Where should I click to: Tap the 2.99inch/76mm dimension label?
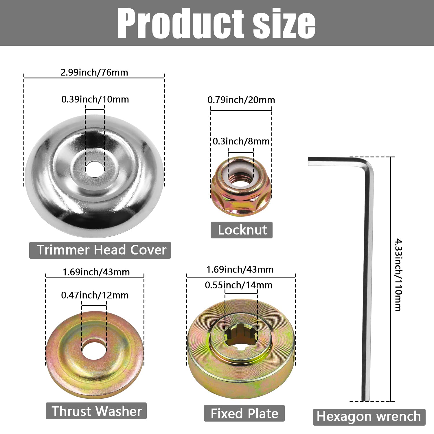click(94, 72)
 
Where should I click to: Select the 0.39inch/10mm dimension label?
click(95, 99)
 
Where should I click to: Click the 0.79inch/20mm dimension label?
click(241, 100)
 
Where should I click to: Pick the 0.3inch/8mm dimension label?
click(241, 141)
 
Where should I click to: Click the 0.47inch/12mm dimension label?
click(95, 295)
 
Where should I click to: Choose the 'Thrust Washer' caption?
click(96, 411)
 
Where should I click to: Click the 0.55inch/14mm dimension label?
click(238, 285)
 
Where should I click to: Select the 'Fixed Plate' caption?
click(244, 413)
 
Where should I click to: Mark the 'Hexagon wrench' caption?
click(369, 417)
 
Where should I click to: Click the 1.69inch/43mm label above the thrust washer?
click(96, 272)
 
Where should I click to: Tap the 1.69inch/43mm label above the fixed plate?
click(240, 269)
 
